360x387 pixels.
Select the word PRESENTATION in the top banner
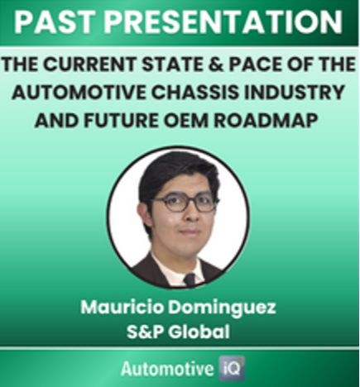pyautogui.click(x=223, y=22)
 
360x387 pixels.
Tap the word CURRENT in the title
pyautogui.click(x=89, y=64)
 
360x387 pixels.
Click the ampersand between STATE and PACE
pyautogui.click(x=215, y=64)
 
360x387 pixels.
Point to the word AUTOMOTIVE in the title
pyautogui.click(x=79, y=92)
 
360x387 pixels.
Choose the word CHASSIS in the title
pyautogui.click(x=194, y=92)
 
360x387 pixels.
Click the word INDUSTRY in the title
pyautogui.click(x=295, y=92)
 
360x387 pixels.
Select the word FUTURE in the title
pyautogui.click(x=121, y=120)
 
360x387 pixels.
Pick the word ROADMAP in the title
pyautogui.click(x=266, y=120)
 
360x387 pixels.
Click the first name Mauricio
pyautogui.click(x=122, y=307)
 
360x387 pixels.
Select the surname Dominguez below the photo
pyautogui.click(x=222, y=308)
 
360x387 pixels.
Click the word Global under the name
pyautogui.click(x=199, y=332)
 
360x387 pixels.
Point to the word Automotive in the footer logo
pyautogui.click(x=167, y=369)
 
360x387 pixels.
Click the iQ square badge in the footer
pyautogui.click(x=232, y=369)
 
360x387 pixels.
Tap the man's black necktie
pyautogui.click(x=190, y=279)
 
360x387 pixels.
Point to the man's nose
pyautogui.click(x=191, y=213)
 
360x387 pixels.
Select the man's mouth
pyautogui.click(x=190, y=232)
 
